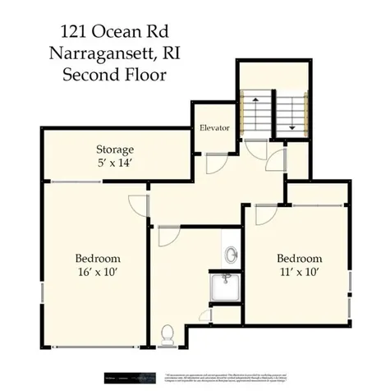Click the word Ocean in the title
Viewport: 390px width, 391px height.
tap(114, 32)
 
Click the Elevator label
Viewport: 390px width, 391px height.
tap(214, 129)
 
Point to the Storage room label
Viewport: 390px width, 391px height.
tap(115, 149)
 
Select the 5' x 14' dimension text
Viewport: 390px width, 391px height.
tap(115, 163)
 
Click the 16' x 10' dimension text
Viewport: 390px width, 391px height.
tap(97, 271)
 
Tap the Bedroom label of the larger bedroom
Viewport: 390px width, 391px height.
tap(97, 257)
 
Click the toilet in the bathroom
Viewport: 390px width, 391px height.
tap(167, 333)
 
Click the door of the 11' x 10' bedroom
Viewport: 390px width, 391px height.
tap(266, 214)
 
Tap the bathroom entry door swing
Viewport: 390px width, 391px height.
tap(167, 236)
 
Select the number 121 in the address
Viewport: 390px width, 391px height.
tap(75, 32)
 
